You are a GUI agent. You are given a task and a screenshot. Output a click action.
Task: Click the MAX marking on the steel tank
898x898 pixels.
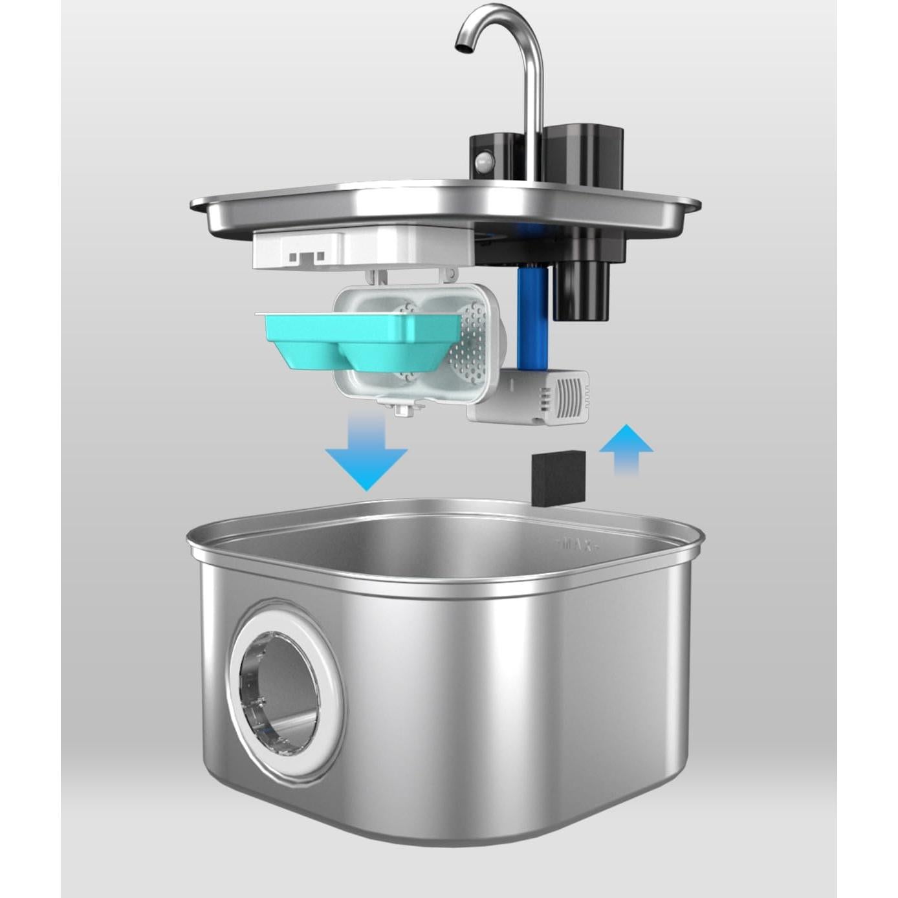click(x=575, y=545)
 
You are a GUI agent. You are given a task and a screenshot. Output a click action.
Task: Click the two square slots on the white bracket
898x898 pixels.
click(x=307, y=257)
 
